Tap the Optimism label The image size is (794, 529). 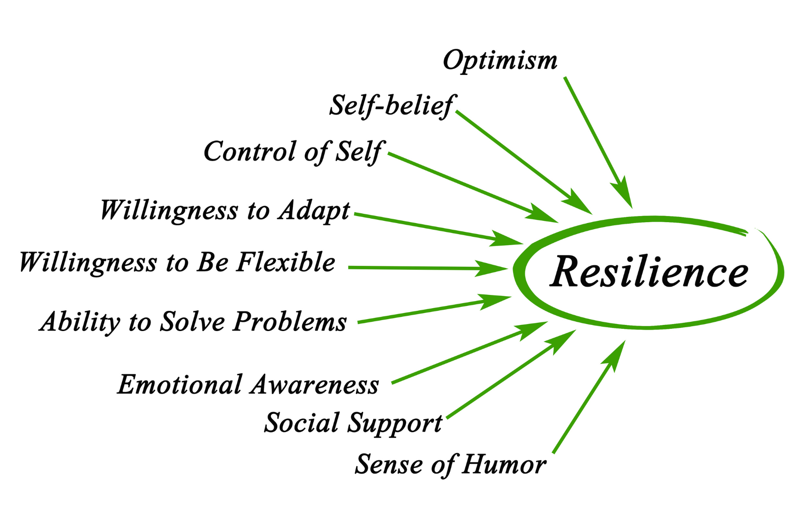click(500, 60)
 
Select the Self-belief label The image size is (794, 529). click(392, 105)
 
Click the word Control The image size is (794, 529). click(250, 152)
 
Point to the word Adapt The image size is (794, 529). click(314, 210)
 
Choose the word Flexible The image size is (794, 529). click(286, 262)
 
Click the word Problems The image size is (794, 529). click(290, 321)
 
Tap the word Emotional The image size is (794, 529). click(180, 384)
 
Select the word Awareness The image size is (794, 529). click(315, 384)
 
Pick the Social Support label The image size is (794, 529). click(353, 423)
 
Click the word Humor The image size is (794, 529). click(504, 465)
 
